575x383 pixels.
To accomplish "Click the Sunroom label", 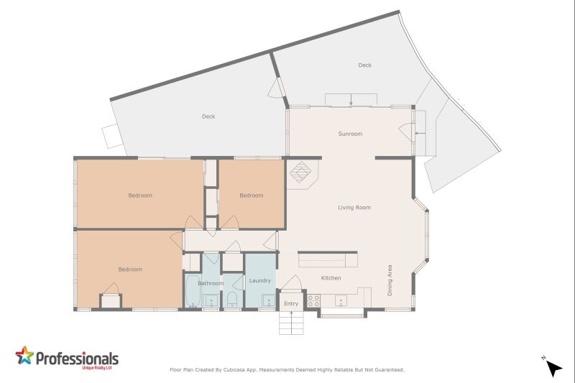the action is click(350, 134).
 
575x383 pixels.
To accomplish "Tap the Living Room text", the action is click(354, 208).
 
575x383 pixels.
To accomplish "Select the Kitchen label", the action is click(331, 278).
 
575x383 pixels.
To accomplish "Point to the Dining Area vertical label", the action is click(390, 280).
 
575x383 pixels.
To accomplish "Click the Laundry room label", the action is click(259, 280).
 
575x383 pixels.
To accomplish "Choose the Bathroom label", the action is click(211, 283).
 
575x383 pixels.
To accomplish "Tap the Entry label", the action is click(291, 303).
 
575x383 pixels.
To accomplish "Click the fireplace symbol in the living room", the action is click(300, 172).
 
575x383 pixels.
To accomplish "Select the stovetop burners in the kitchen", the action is click(313, 300).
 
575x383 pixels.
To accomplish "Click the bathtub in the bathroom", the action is click(193, 291).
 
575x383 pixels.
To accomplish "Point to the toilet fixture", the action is click(231, 300).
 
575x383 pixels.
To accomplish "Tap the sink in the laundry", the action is click(269, 301).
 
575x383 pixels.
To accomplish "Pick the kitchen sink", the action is click(341, 301).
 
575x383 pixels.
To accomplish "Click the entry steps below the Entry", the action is click(291, 323).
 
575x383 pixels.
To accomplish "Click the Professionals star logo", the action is click(24, 355).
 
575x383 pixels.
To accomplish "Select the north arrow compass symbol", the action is click(553, 368).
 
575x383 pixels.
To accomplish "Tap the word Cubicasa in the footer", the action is click(234, 370).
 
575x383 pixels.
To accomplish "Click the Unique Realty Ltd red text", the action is click(97, 368).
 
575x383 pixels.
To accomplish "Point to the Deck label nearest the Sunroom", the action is click(365, 65).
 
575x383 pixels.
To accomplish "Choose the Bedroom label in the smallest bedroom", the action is click(252, 195).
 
